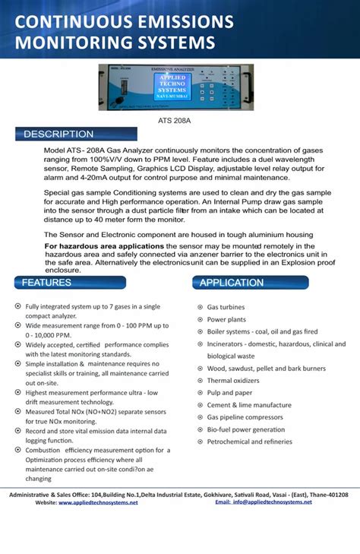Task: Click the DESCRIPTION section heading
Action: pos(58,135)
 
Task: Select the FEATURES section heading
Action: pos(47,283)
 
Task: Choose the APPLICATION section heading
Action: pos(232,283)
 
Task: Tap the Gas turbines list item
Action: pos(226,308)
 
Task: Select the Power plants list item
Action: pos(226,320)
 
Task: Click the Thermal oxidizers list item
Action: pos(233,381)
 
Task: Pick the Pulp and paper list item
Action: pos(229,393)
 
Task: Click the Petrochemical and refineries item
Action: pos(249,442)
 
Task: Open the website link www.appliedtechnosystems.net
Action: pos(98,502)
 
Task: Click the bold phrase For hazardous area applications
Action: pos(104,247)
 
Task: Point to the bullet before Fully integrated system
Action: pos(18,305)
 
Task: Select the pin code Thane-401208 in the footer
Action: pos(327,494)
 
